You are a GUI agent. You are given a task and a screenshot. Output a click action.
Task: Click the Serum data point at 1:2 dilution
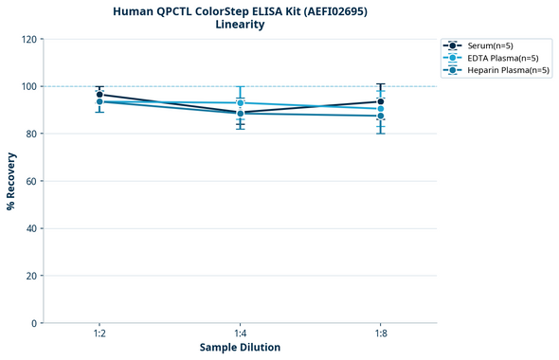tap(99, 95)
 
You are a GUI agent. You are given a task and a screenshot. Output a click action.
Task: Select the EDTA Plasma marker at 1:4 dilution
tap(241, 102)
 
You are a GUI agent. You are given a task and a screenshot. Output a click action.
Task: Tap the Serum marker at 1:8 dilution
tap(381, 101)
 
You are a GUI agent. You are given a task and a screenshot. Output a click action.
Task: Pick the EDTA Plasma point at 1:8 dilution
tap(381, 109)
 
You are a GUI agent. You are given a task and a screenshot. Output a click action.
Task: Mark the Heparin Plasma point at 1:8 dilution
tap(381, 117)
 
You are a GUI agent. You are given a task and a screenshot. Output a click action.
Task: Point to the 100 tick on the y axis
tap(28, 86)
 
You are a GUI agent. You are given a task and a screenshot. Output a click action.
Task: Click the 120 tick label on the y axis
tap(28, 39)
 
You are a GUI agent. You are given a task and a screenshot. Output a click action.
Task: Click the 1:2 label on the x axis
tap(99, 333)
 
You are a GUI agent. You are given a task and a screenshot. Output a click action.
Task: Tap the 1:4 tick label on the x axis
tap(241, 333)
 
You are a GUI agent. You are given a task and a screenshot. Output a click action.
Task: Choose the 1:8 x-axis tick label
tap(381, 333)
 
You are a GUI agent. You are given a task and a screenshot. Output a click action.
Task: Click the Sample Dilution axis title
tap(240, 348)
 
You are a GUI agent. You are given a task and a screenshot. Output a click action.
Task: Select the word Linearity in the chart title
tap(240, 25)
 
